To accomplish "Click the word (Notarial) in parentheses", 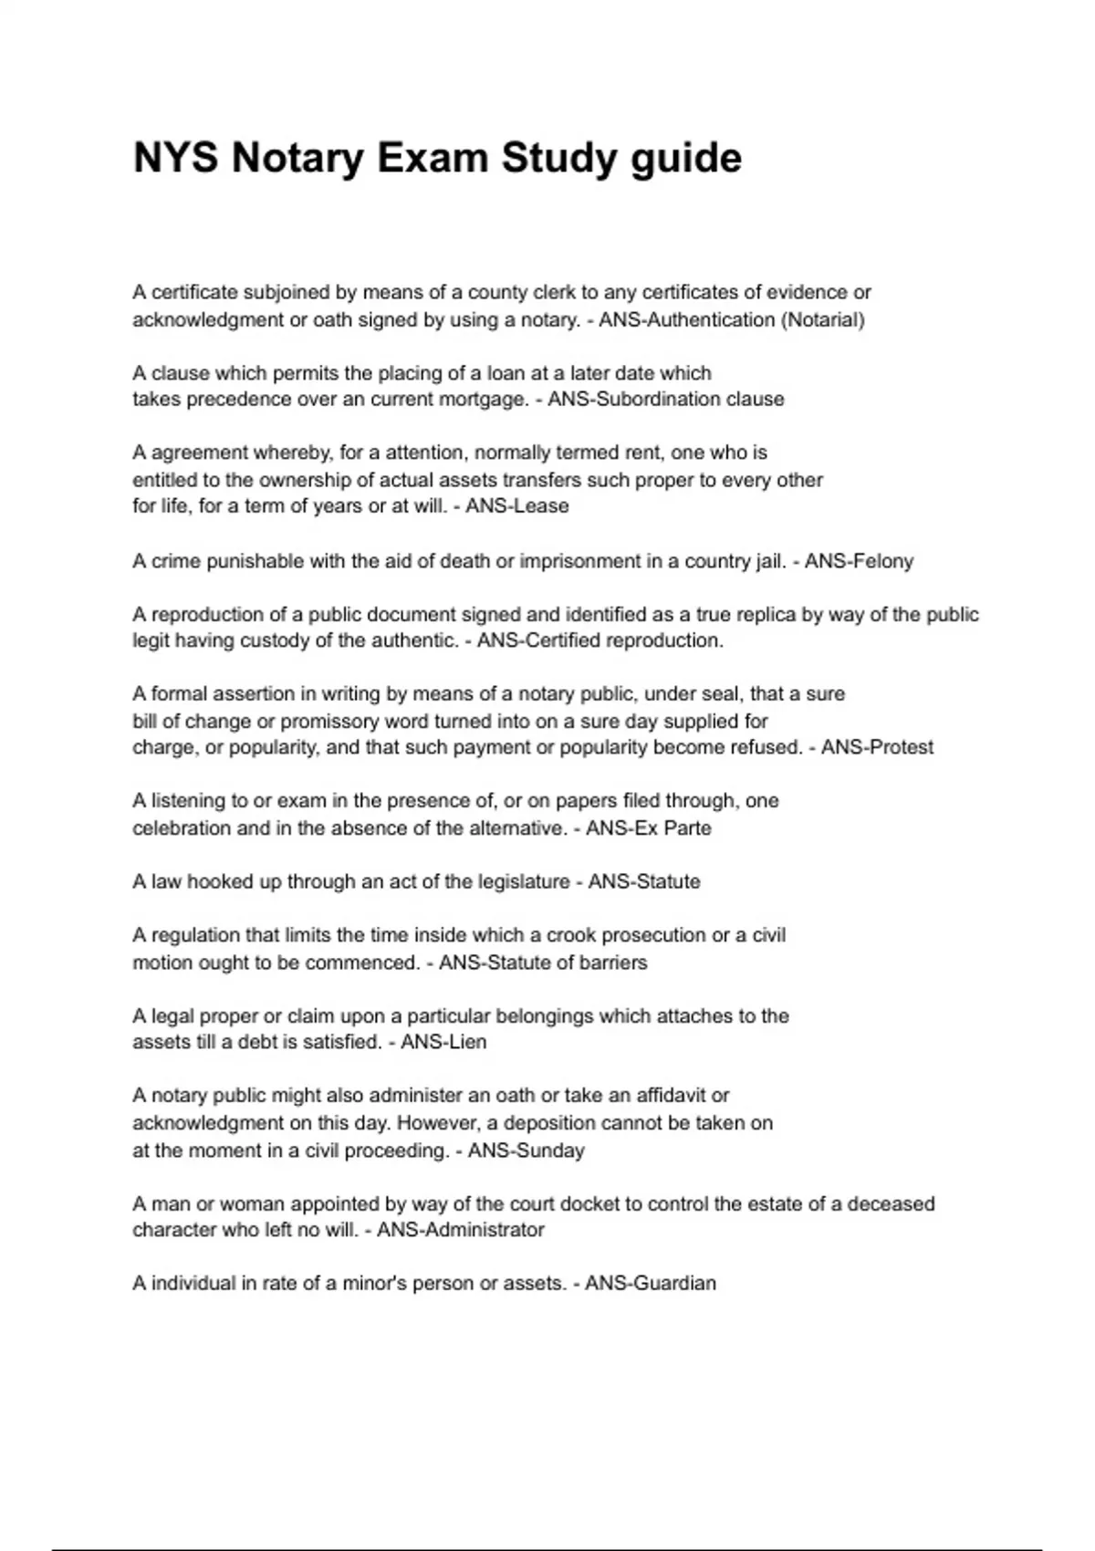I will (823, 320).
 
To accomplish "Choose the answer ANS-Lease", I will (517, 506).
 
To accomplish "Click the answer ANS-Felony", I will (859, 562).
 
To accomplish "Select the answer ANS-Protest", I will (877, 748).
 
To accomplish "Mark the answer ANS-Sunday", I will (527, 1150).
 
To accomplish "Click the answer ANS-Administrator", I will (461, 1230).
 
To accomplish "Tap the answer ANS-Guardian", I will (651, 1284).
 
